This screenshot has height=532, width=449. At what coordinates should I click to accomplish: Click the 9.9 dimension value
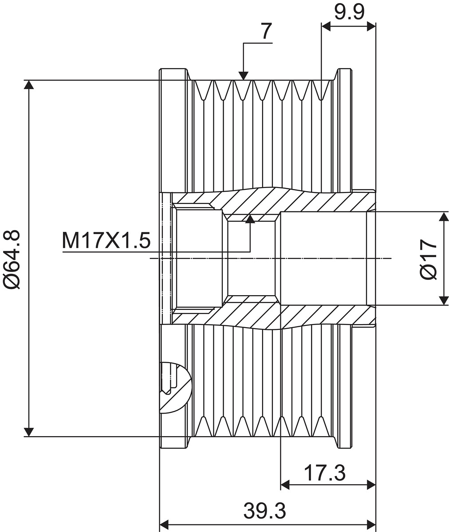349,12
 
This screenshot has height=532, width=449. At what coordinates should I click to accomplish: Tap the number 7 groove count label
267,31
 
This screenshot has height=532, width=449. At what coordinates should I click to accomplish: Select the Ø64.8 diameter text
12,260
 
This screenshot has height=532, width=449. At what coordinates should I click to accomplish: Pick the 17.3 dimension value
325,473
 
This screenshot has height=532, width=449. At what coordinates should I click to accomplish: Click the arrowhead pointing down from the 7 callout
244,76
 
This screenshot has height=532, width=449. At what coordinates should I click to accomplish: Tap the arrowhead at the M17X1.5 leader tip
250,219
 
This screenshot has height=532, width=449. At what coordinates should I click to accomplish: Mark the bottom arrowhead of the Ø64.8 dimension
28,432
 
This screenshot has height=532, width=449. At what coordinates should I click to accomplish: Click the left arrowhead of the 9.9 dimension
326,26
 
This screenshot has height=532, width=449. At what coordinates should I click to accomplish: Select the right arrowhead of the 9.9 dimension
371,26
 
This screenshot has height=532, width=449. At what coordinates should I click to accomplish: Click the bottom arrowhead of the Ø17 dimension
444,300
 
